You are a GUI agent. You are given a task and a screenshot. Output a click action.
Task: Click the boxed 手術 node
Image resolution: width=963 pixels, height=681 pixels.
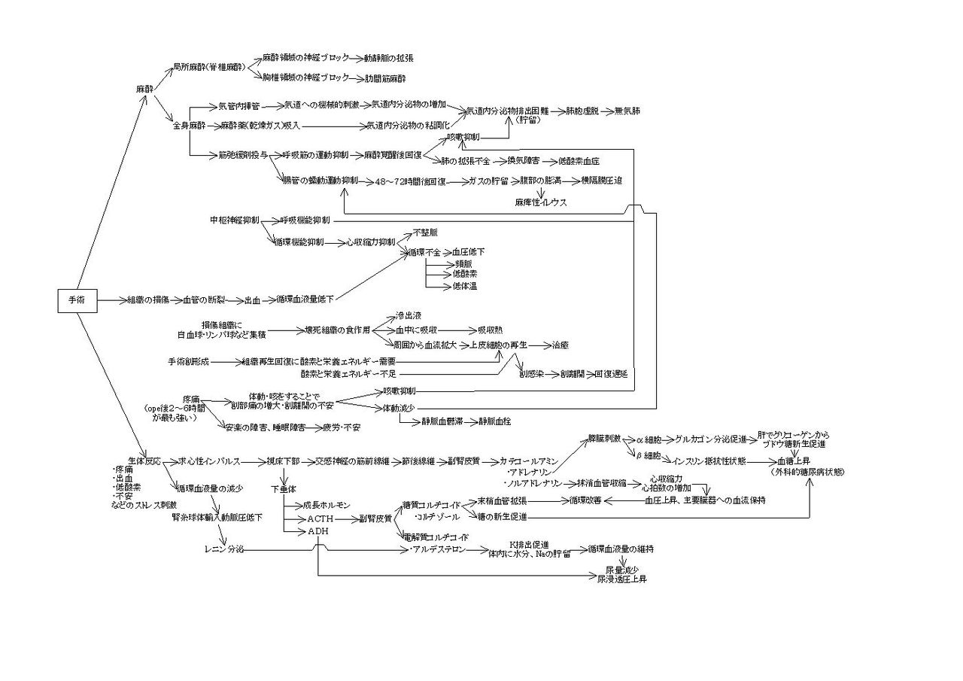77,300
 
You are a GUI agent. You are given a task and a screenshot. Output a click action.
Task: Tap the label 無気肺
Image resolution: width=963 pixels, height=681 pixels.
628,111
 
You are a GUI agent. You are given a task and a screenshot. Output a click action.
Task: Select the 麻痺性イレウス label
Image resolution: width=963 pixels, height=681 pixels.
541,202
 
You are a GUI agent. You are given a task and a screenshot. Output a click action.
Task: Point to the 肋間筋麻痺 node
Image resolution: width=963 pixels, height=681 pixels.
386,78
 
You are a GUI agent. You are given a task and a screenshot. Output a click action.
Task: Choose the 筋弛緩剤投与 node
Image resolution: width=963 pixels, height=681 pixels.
242,155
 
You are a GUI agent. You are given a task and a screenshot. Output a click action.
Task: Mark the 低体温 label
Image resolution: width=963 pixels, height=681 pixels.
465,287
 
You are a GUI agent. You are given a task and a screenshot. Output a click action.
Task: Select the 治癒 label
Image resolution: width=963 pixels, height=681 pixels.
560,345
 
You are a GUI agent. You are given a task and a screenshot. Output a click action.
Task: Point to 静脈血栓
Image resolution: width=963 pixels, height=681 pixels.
496,421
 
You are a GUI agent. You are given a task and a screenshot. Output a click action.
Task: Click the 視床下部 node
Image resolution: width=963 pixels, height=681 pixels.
283,461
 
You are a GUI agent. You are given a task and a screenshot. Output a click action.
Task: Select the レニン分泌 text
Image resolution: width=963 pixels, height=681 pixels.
224,550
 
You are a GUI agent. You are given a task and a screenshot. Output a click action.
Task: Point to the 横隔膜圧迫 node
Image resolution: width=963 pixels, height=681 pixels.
602,181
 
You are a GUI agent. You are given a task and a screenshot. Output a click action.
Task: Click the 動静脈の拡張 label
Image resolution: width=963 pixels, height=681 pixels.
389,58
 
